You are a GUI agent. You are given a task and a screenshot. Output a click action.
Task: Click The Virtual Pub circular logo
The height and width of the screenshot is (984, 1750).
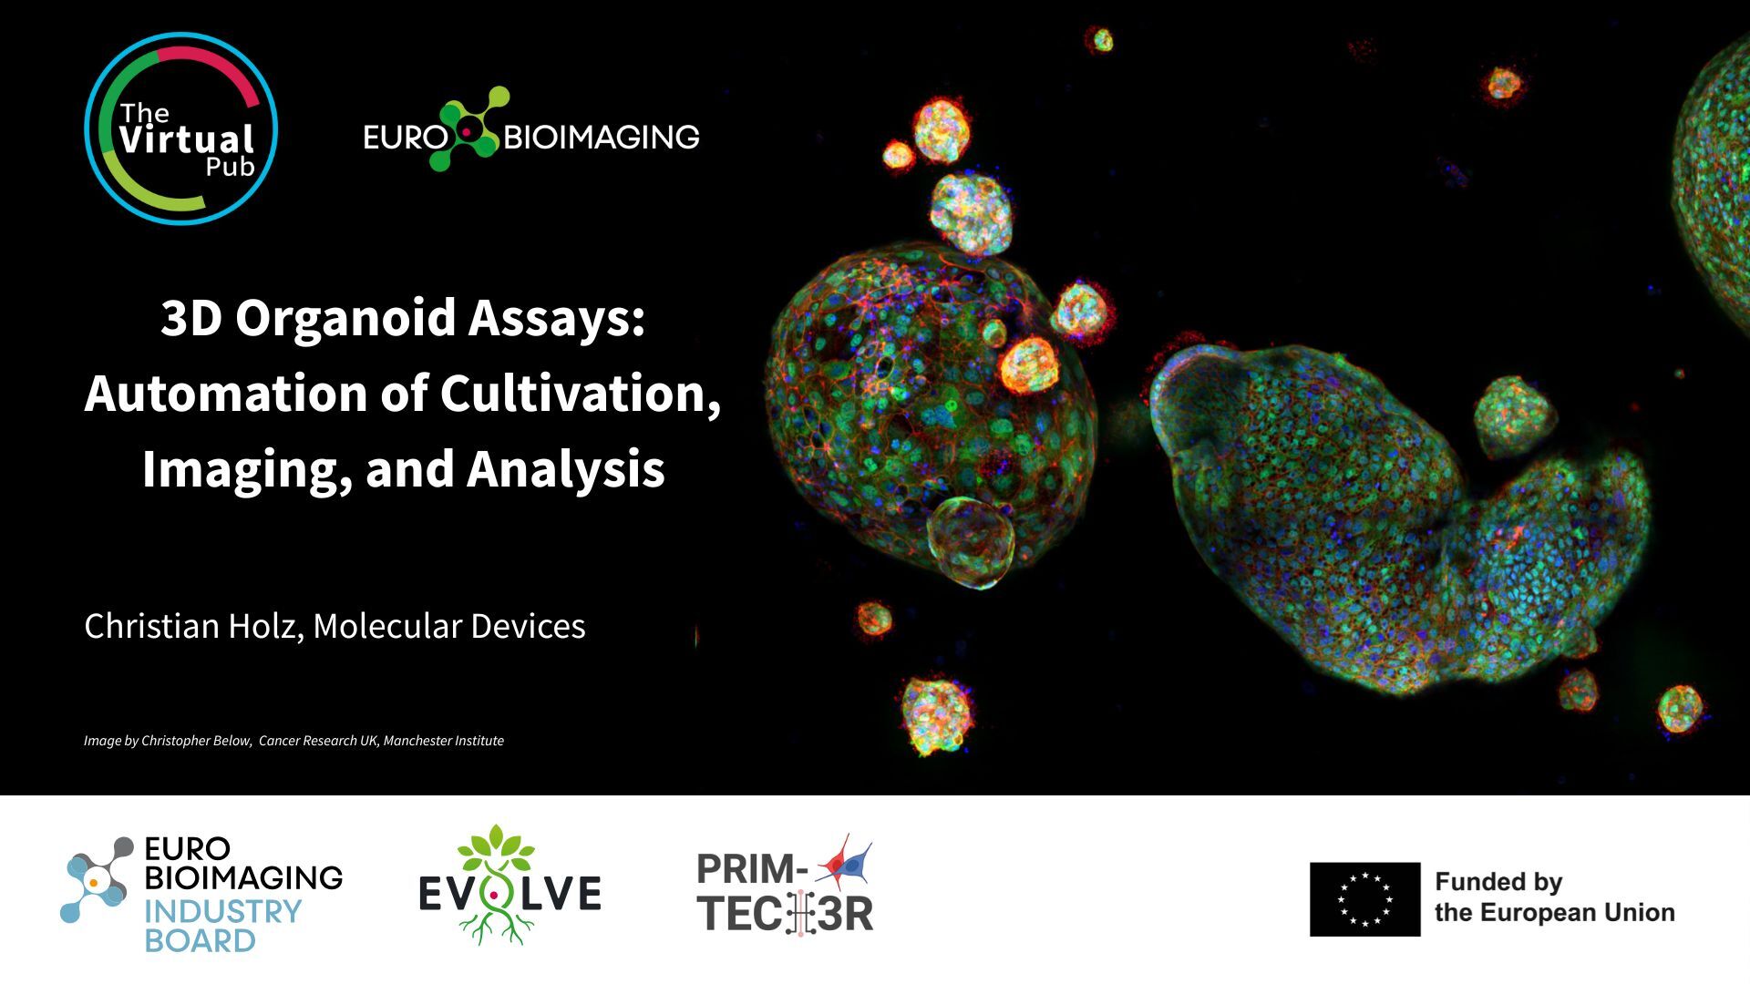coord(180,128)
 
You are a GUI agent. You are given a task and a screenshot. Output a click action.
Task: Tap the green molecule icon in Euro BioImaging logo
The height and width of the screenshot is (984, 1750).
coord(469,129)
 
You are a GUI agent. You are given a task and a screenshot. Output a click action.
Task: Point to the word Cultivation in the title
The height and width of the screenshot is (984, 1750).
coord(580,394)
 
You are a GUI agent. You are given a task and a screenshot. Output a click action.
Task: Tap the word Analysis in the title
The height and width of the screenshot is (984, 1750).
coord(565,470)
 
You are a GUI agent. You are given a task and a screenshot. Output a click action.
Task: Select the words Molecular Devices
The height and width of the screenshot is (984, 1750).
coord(448,626)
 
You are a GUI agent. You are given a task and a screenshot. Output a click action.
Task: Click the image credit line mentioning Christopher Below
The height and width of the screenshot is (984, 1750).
coord(293,741)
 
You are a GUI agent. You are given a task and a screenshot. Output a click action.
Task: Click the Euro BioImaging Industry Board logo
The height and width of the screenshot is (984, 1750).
coord(201,894)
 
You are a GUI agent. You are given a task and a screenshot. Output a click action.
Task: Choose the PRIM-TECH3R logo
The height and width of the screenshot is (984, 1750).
coord(785,887)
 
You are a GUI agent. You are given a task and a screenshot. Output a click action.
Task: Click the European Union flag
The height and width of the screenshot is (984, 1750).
coord(1364,899)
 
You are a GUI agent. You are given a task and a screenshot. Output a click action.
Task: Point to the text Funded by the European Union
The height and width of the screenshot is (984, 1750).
coord(1554,897)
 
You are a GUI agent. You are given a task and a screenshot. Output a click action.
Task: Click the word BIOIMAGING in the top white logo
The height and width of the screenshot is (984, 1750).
coord(601,138)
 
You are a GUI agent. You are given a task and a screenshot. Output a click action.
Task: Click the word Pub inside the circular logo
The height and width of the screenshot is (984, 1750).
coord(230,168)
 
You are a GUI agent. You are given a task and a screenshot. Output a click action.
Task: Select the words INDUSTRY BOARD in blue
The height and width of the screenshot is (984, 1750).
coord(222,926)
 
